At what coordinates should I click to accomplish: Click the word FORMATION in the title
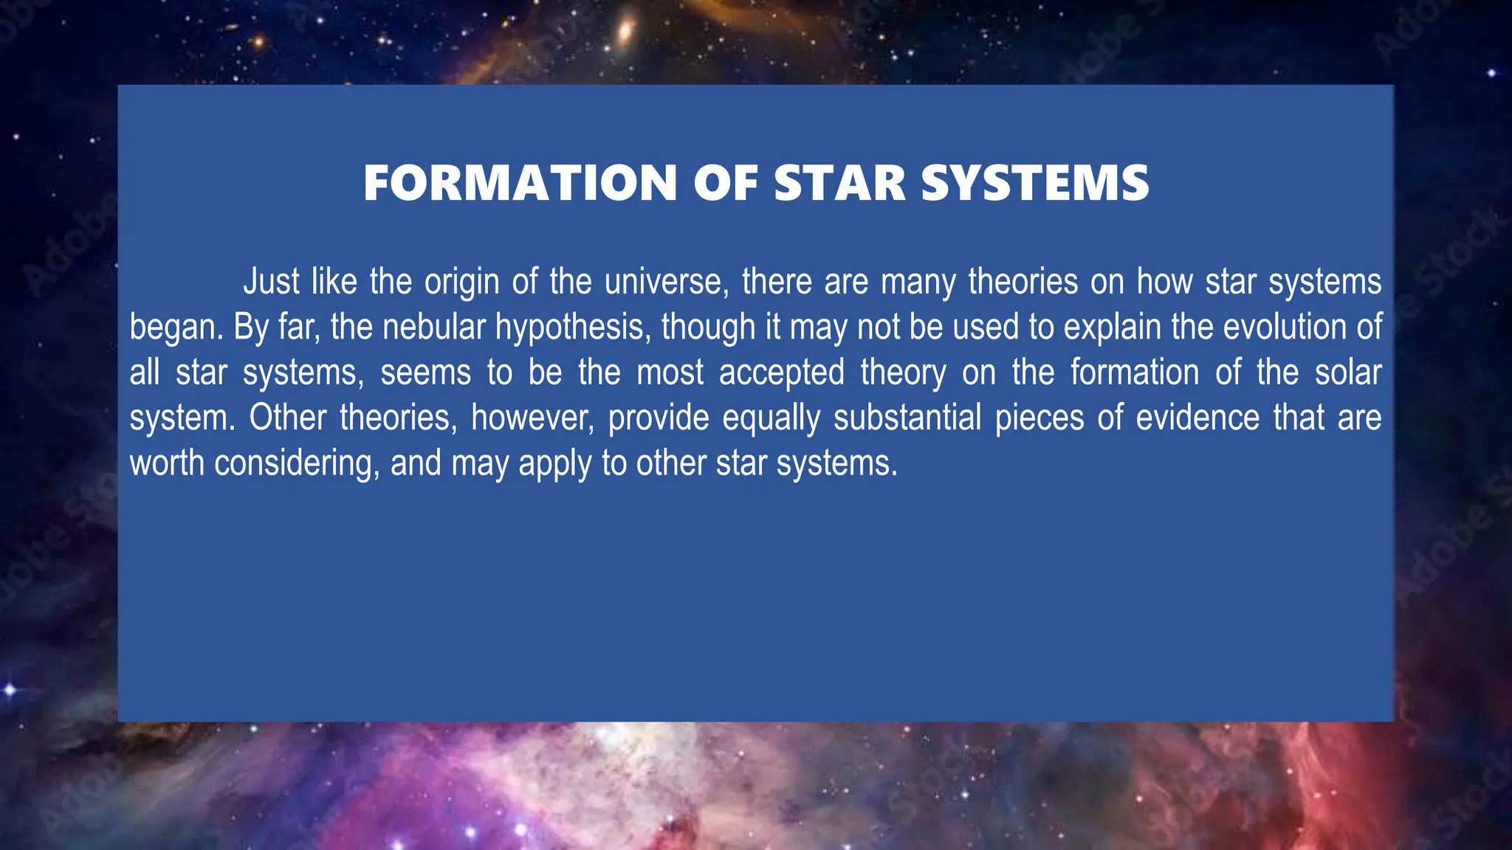pos(520,183)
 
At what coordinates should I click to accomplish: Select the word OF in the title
pos(725,183)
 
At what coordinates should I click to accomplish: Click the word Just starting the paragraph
pos(271,282)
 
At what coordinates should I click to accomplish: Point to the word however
pos(532,418)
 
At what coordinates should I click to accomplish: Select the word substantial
pos(907,418)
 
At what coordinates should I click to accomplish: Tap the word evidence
pos(1197,418)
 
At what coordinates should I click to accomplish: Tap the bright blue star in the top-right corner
pos(1491,72)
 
